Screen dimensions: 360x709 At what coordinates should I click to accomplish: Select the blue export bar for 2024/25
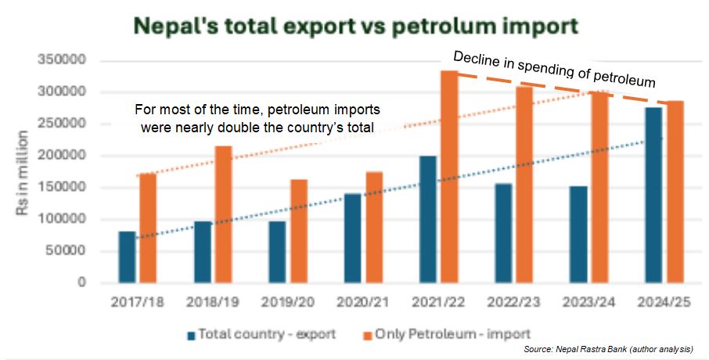tap(653, 195)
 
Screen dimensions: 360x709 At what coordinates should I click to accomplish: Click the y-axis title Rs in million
tap(25, 171)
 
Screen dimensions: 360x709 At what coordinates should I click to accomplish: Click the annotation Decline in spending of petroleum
tap(554, 68)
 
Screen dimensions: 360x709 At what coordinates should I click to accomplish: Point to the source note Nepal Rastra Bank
tap(581, 348)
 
